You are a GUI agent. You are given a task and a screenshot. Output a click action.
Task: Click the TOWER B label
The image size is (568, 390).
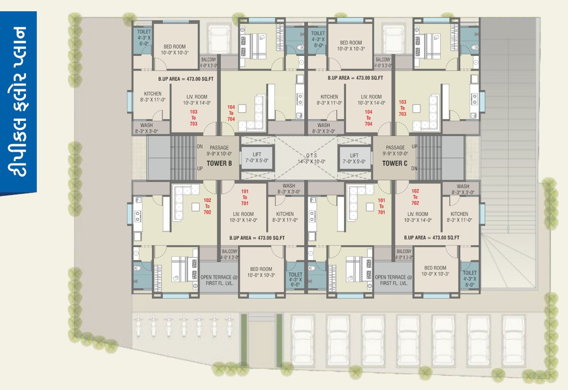219,164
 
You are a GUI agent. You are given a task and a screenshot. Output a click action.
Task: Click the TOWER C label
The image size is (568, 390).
395,164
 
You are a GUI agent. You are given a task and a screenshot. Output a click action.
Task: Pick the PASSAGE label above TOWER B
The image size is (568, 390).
219,151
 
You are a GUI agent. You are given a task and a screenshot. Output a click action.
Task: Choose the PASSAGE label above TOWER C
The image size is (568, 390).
395,151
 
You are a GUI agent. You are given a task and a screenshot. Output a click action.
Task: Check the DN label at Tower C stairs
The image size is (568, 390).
414,168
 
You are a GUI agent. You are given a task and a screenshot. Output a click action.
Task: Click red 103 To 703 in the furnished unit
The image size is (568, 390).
403,108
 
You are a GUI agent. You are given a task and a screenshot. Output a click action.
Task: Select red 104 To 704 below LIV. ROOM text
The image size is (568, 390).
368,118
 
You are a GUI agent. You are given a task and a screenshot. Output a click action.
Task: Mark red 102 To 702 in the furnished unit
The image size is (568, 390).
207,206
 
